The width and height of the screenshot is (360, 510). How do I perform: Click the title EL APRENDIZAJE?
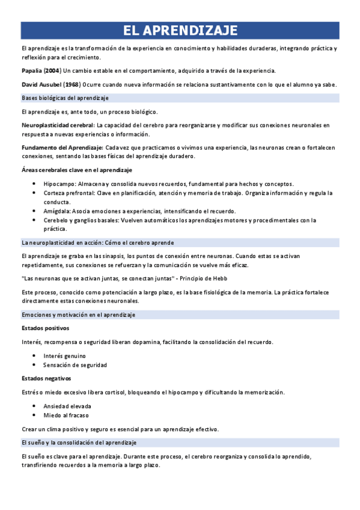(180, 31)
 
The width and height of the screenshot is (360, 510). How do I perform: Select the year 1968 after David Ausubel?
(71, 84)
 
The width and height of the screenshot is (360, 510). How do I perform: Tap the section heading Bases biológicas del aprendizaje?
(65, 97)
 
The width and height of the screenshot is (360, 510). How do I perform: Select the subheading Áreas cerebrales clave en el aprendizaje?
(76, 170)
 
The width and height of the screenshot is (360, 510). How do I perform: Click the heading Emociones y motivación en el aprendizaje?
(78, 315)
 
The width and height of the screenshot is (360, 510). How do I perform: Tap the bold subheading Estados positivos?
(45, 328)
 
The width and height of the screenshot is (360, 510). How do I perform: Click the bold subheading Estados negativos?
(46, 378)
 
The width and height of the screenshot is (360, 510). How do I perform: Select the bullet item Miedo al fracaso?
(66, 415)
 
